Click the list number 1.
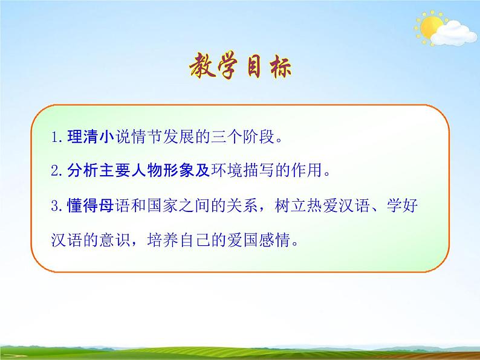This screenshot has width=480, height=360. tap(55, 138)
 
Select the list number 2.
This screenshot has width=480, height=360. tap(55, 172)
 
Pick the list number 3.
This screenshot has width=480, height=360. tap(55, 207)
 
